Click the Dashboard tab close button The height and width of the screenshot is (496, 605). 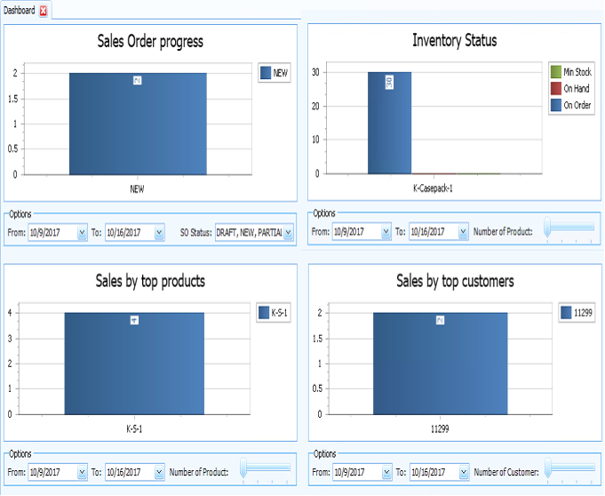pyautogui.click(x=44, y=10)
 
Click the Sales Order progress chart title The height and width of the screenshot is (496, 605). pyautogui.click(x=149, y=42)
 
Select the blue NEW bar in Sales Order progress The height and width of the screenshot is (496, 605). pyautogui.click(x=138, y=124)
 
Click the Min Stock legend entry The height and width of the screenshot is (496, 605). pyautogui.click(x=571, y=72)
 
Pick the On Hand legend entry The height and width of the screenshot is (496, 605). pyautogui.click(x=571, y=89)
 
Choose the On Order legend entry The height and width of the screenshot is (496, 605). pyautogui.click(x=572, y=106)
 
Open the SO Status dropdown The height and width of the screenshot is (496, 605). pyautogui.click(x=288, y=233)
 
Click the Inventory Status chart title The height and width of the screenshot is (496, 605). pyautogui.click(x=454, y=41)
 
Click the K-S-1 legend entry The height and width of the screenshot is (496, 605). pyautogui.click(x=275, y=313)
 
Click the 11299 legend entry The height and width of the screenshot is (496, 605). pyautogui.click(x=577, y=313)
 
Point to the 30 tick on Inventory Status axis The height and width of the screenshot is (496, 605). pyautogui.click(x=315, y=72)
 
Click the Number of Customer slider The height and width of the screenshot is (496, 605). pyautogui.click(x=569, y=468)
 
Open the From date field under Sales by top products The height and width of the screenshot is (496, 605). pyautogui.click(x=58, y=473)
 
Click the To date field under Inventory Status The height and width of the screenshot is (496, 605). pyautogui.click(x=438, y=232)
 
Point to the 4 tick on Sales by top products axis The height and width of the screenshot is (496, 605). pyautogui.click(x=10, y=312)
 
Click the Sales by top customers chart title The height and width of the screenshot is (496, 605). pyautogui.click(x=454, y=282)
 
